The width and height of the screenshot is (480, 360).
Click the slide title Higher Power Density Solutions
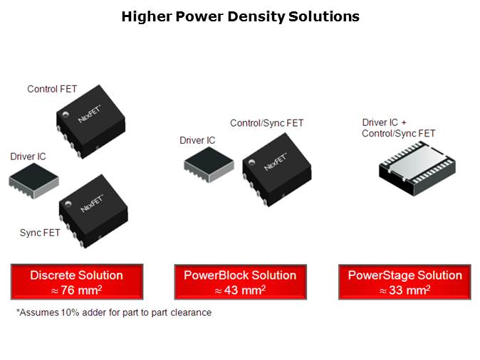[x=240, y=16]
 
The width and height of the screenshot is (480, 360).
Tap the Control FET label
[x=52, y=89]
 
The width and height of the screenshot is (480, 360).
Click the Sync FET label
[x=40, y=233]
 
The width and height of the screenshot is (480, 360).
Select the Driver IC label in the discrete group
[x=28, y=157]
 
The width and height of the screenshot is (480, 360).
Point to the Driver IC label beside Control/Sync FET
[x=197, y=140]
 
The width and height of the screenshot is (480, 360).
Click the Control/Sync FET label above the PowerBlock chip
[x=266, y=123]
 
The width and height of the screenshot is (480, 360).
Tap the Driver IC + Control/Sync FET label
[x=399, y=128]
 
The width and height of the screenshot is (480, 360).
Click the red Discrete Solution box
[x=77, y=282]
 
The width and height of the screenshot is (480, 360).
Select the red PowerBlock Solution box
[x=240, y=282]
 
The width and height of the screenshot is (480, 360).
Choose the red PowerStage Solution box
[x=405, y=282]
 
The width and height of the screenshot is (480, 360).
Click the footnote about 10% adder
[x=114, y=312]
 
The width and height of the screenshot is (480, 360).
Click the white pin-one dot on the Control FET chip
[x=66, y=115]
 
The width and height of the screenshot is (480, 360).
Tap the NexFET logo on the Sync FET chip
[x=92, y=204]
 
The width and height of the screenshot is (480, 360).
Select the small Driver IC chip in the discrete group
[x=33, y=181]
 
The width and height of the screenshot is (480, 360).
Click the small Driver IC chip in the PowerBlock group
[x=209, y=164]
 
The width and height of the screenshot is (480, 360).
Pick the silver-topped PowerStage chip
[x=417, y=168]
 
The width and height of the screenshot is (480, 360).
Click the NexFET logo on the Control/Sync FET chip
[x=276, y=162]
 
